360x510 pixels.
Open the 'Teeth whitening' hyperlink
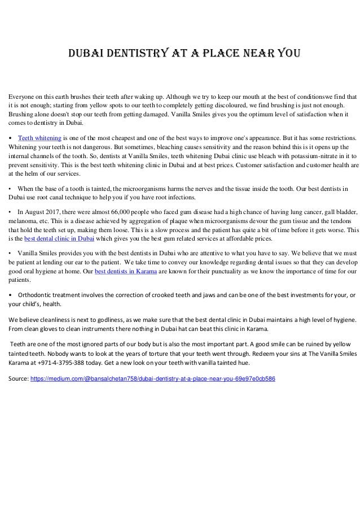pyautogui.click(x=39, y=137)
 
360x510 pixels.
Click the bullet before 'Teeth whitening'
pyautogui.click(x=10, y=137)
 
